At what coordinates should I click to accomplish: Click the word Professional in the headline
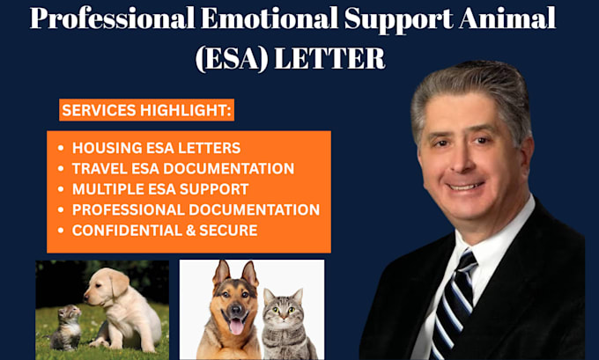(113, 18)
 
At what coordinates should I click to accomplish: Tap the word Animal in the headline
(507, 18)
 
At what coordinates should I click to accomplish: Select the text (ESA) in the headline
(232, 59)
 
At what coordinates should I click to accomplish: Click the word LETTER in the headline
(329, 59)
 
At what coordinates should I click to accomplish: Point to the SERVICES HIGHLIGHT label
(147, 110)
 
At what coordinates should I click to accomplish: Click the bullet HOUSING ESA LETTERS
(156, 148)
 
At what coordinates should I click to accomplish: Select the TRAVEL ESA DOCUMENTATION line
(183, 169)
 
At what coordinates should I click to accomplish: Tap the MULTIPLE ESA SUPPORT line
(160, 189)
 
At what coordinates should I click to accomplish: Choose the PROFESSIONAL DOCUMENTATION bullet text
(196, 210)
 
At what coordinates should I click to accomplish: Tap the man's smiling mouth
(466, 187)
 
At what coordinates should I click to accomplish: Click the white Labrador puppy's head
(106, 286)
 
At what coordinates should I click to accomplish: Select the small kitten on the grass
(66, 328)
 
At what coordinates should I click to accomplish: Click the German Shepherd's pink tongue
(236, 327)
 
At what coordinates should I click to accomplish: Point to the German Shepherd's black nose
(234, 310)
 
